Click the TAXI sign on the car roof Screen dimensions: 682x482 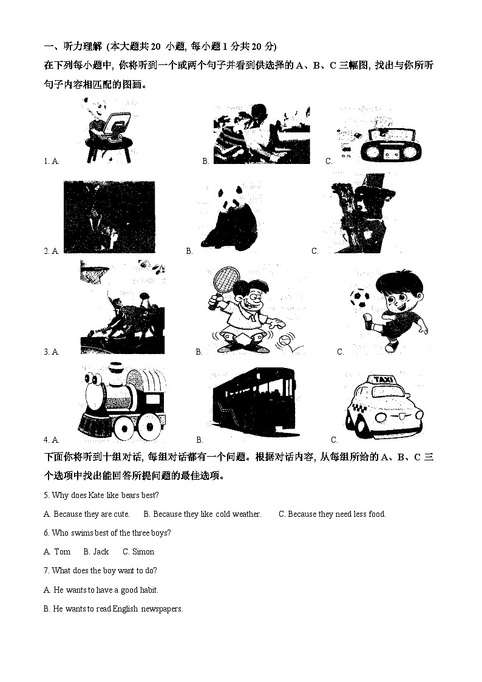point(383,380)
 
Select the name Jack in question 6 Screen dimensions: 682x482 point(101,551)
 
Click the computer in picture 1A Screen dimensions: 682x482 point(115,126)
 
